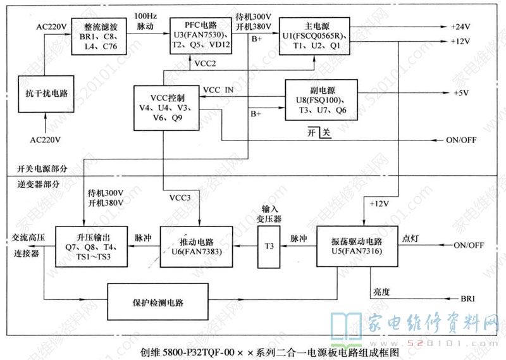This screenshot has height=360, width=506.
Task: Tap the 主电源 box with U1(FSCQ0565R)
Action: click(x=313, y=36)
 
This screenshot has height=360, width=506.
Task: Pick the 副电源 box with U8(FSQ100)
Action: click(x=322, y=100)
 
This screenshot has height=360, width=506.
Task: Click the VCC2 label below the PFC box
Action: click(x=206, y=63)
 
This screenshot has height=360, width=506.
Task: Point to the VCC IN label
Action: click(x=218, y=90)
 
